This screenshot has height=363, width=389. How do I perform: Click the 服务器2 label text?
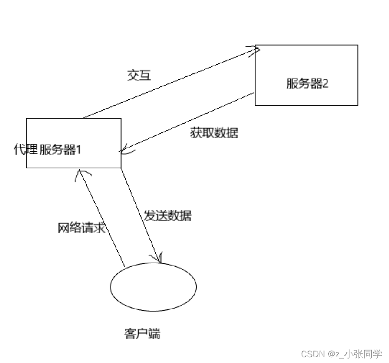coord(307,84)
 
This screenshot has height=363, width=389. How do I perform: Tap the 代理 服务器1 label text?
coord(48,150)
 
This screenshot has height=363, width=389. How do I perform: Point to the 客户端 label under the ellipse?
coord(142,334)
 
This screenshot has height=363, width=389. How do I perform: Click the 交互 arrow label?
coord(139,75)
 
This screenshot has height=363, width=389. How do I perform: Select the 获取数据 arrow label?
coord(214,133)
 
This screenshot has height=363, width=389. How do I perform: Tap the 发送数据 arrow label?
coord(167,216)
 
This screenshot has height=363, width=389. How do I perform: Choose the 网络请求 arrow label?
coord(81,228)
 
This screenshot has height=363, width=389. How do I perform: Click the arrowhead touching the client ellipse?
coord(159,259)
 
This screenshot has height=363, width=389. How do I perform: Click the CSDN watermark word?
coord(313,354)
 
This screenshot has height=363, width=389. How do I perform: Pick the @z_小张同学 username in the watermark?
coord(355,354)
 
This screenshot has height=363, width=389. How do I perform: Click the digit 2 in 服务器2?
coord(326,84)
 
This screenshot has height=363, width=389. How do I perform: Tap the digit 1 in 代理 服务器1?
coord(78,150)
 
